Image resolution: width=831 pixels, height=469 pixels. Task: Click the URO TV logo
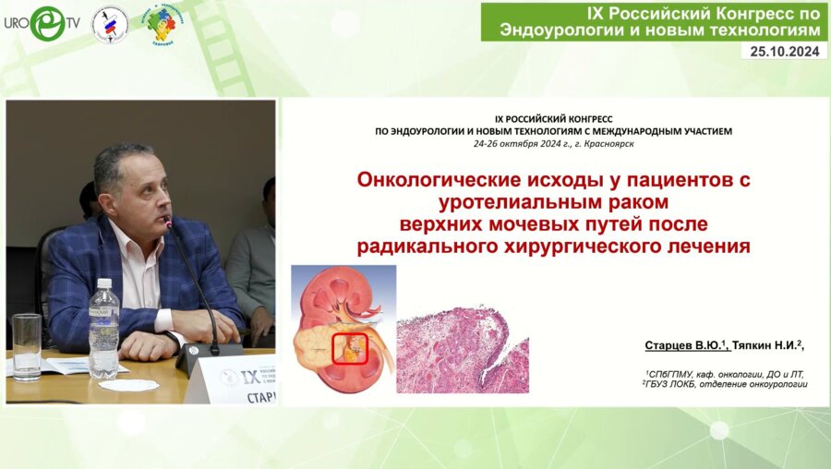[x=41, y=23]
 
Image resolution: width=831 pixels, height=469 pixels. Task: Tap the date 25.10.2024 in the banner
[x=784, y=51]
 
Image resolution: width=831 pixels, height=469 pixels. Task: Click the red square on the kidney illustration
[x=350, y=349]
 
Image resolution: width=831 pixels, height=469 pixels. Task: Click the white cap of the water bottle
[x=103, y=284]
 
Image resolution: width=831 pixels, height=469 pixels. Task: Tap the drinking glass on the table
[x=26, y=345]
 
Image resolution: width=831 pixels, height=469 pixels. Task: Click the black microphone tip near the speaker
[x=168, y=222]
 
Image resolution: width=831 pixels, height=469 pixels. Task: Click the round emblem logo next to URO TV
[x=110, y=24]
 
